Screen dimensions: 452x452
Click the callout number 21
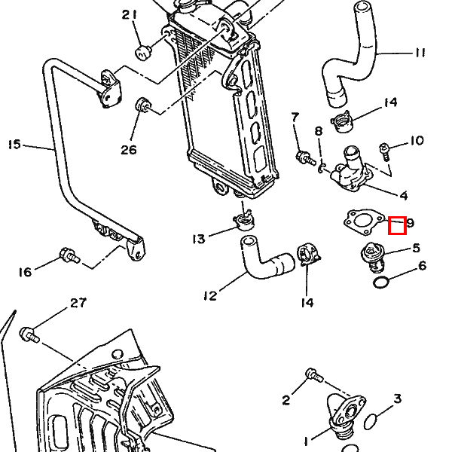pos(130,15)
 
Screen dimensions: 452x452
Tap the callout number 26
pos(129,150)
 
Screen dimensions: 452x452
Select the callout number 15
pos(15,145)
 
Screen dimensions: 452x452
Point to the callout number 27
pos(78,303)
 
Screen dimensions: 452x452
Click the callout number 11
pos(420,53)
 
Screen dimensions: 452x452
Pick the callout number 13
pos(199,239)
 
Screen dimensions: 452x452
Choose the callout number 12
pos(210,296)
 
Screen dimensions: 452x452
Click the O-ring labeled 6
pos(381,282)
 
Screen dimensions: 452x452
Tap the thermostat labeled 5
pos(373,258)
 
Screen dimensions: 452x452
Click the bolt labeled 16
pos(69,255)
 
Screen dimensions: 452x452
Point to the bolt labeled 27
pos(29,335)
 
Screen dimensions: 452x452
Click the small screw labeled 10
pos(385,152)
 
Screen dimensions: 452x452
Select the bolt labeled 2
pos(315,375)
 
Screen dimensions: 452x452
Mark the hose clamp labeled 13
pos(244,221)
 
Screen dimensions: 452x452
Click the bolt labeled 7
pos(306,158)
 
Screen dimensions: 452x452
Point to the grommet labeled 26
pos(142,105)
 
